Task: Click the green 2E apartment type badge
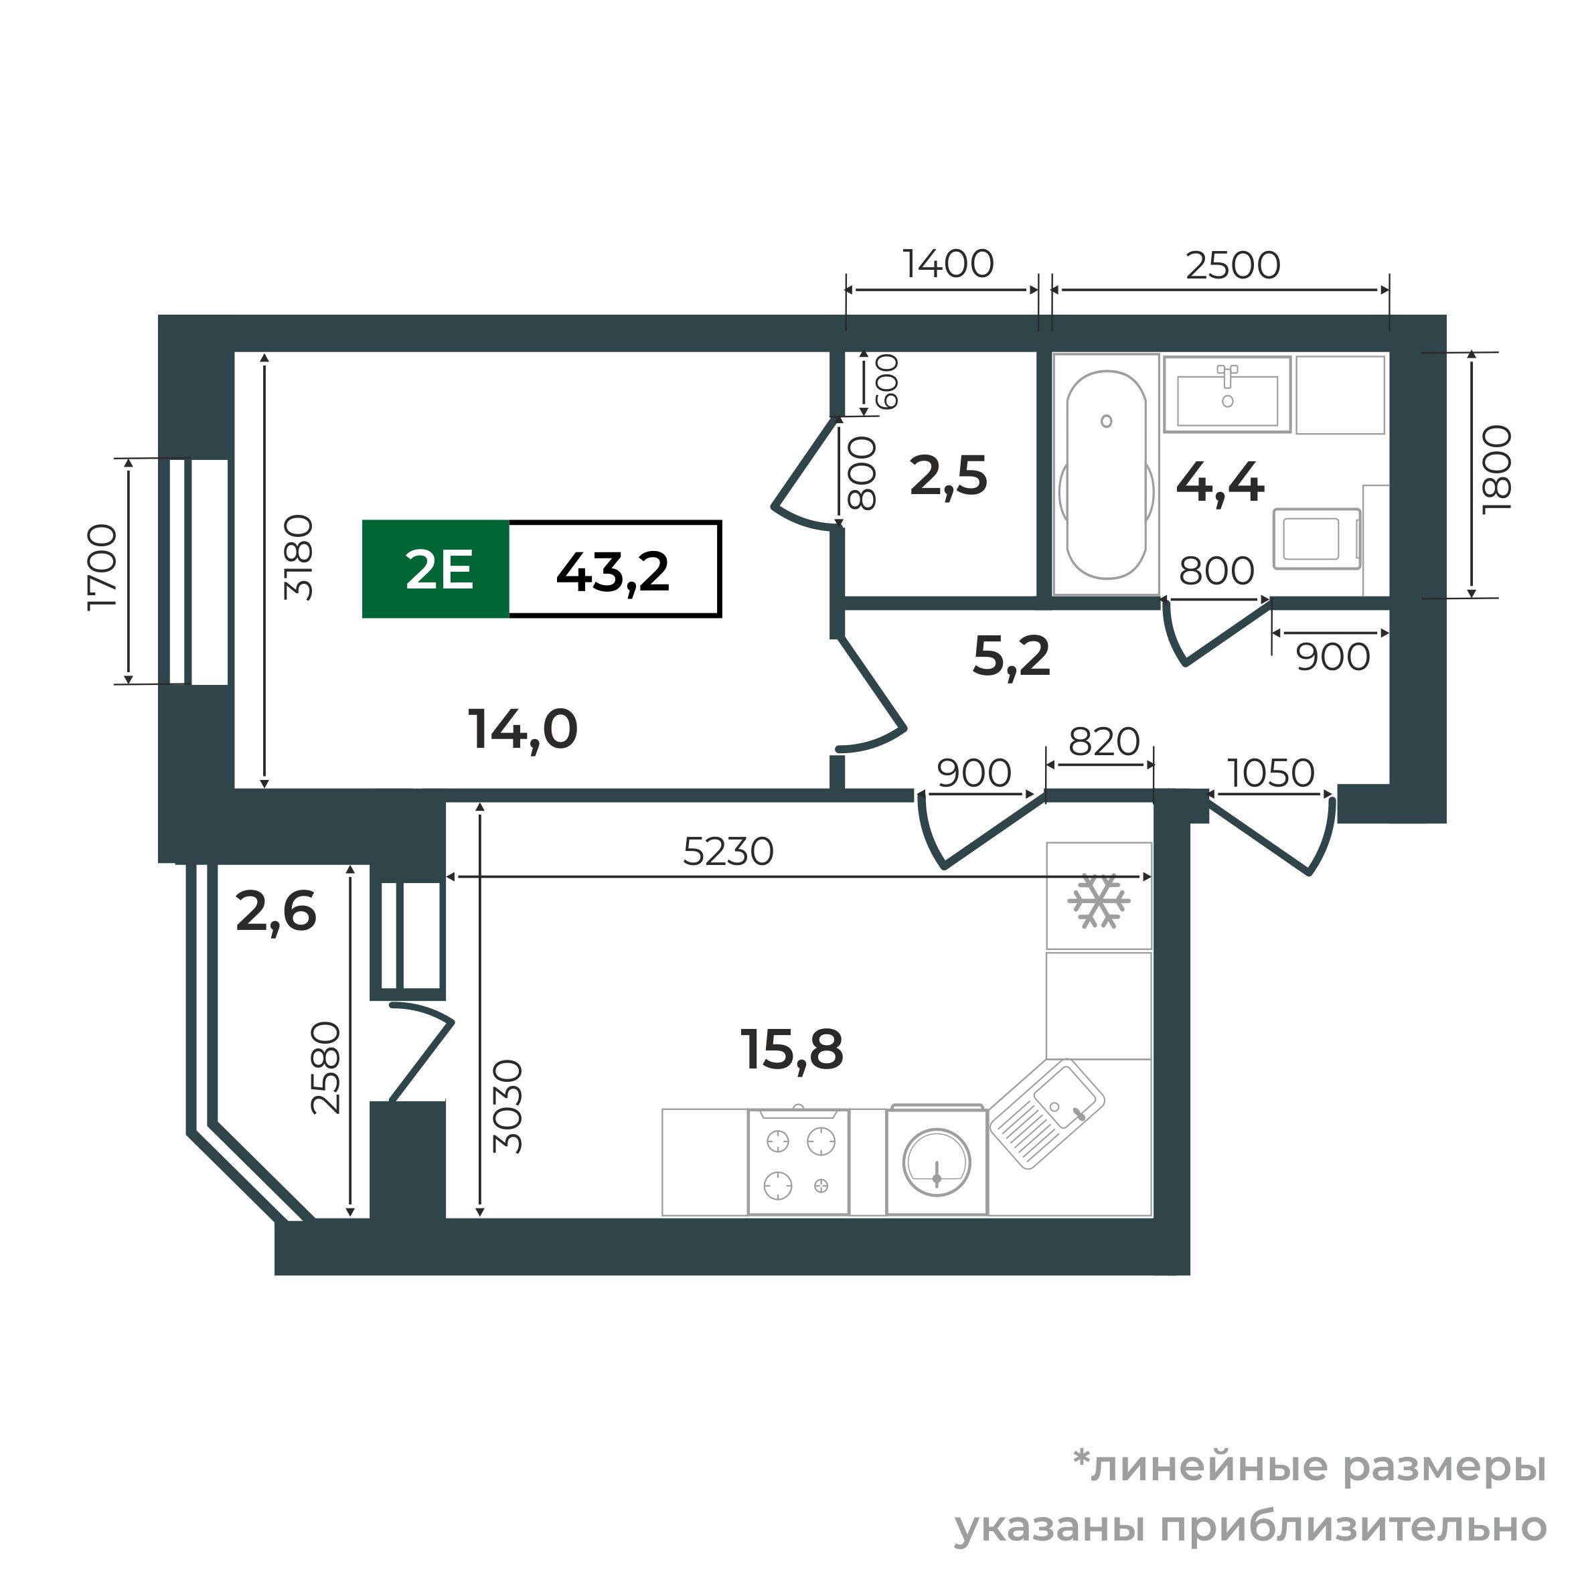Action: coord(437,570)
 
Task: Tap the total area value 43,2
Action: coord(613,572)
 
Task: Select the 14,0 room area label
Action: coord(523,729)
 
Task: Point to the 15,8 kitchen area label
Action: coord(791,1050)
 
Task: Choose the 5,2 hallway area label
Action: coord(1011,657)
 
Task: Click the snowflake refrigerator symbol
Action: coord(1099,901)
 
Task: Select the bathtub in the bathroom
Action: coord(1106,475)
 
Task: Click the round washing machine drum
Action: coord(937,1162)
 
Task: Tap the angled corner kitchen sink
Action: coord(1047,1113)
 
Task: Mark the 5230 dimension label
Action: coord(728,852)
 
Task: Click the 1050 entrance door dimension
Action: coord(1271,773)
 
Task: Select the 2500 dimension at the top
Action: coord(1233,265)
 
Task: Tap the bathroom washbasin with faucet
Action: coord(1227,394)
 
